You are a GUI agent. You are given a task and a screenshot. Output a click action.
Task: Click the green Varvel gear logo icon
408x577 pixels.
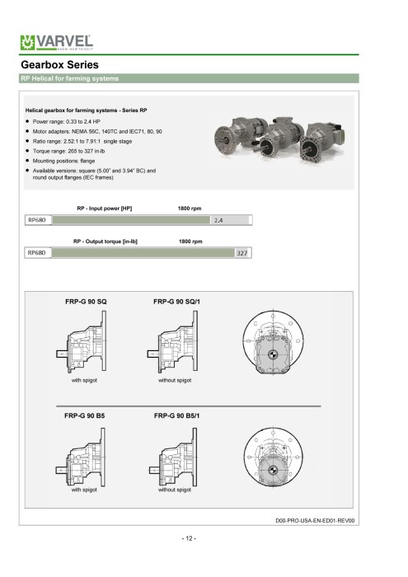pos(27,43)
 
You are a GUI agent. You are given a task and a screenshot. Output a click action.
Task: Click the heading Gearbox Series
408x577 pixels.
pos(59,65)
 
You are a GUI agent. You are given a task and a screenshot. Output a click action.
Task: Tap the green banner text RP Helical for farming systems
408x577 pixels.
pos(70,78)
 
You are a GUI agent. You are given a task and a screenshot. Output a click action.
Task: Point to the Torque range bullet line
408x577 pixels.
pos(65,151)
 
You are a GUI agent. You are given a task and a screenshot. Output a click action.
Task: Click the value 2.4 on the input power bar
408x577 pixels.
pos(218,220)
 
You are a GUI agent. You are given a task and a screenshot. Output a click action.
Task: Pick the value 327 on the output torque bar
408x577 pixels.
pos(242,253)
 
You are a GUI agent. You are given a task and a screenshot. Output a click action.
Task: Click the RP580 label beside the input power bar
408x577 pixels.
pos(37,220)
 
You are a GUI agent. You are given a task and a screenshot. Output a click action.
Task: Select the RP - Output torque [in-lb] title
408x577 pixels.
pos(106,242)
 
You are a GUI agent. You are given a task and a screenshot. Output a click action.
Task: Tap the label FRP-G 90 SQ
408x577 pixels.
pos(86,302)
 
